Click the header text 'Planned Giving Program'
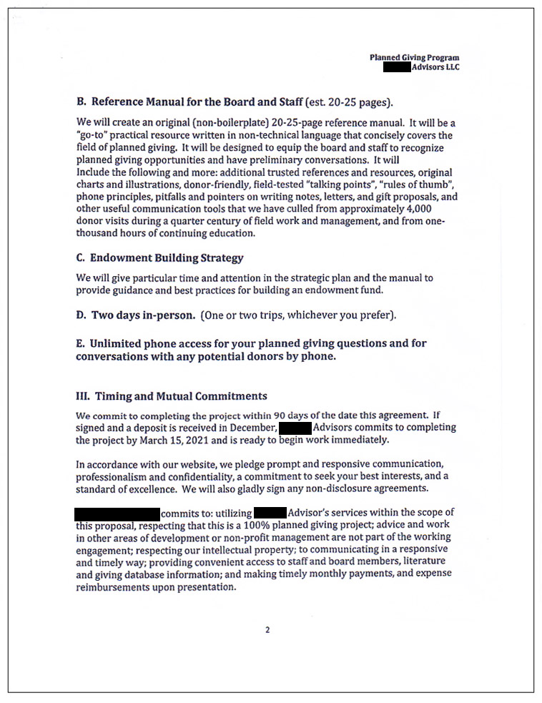coord(414,57)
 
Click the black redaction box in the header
coord(397,67)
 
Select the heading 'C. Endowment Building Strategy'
coord(159,258)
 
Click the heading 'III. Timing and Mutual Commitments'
coord(172,395)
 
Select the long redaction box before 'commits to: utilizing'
coord(117,513)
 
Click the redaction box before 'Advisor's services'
coord(270,513)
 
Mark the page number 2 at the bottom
coord(267,630)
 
